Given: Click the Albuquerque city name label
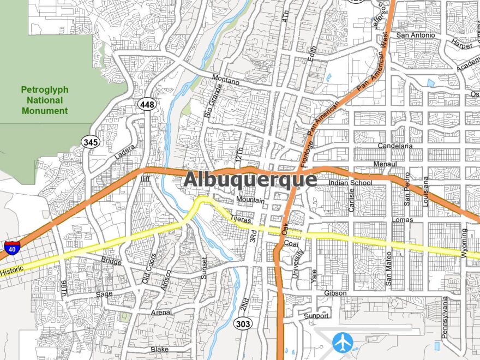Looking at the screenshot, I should point(250,179).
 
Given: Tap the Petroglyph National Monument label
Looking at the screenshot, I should point(45,100).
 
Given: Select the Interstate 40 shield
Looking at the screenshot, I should point(12,248).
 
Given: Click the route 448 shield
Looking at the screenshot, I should point(146,104).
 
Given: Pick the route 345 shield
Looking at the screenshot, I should point(91,142).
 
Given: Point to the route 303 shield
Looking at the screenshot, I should point(243,324).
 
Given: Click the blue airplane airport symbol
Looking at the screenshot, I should point(343,343).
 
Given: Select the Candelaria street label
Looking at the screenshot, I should point(395,146).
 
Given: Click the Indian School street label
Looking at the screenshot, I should point(351,183).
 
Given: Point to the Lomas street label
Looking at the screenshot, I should point(403,220).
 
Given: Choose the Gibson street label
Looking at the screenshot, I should point(335,293).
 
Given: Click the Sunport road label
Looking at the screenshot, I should point(316,316).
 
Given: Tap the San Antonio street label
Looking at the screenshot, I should point(416,35).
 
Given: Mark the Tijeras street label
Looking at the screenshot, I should point(241,219).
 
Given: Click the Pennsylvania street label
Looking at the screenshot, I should point(445,317).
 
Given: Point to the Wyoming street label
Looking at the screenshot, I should point(464,239).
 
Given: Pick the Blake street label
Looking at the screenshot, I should point(160,349).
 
